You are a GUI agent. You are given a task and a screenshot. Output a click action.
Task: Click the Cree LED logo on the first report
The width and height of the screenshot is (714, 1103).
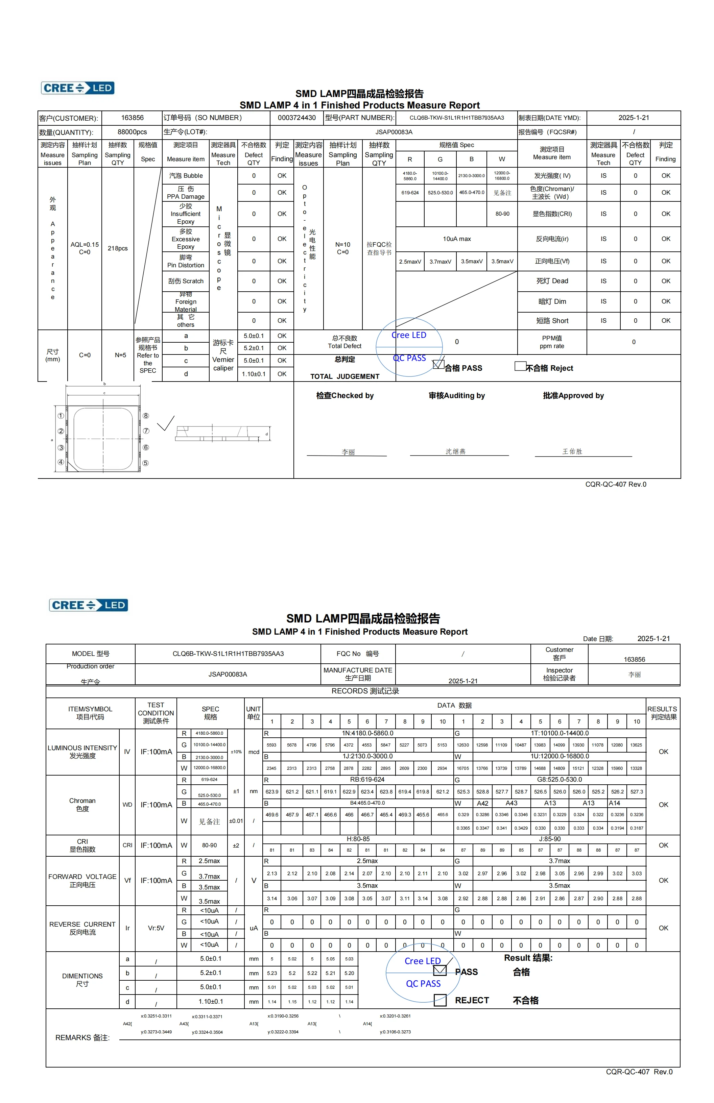78,88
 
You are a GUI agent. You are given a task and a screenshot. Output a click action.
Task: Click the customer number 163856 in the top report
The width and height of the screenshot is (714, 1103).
132,118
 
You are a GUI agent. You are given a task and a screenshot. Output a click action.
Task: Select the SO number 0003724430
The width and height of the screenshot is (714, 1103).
297,118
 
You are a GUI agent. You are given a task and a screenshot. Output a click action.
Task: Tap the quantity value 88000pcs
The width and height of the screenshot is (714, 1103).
132,132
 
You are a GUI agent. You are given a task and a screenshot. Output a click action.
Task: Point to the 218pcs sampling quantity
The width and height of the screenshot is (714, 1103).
118,248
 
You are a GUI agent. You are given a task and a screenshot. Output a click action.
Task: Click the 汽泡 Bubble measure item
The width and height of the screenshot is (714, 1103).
186,176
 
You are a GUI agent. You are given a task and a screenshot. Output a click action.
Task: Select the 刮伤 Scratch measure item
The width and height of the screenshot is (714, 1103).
186,281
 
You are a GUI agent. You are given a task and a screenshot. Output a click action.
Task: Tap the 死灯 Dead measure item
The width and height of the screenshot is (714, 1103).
552,281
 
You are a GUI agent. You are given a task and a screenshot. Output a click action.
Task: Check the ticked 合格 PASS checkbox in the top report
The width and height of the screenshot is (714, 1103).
438,364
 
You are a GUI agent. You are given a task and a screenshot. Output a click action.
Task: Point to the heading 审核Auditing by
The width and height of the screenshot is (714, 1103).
457,395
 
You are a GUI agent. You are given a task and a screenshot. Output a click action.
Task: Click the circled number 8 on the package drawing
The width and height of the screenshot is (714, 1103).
146,416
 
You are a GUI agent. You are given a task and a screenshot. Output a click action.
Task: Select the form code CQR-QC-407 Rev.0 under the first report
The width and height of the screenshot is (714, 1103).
616,484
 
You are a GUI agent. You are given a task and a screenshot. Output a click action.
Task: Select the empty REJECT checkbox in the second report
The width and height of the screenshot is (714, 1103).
440,1000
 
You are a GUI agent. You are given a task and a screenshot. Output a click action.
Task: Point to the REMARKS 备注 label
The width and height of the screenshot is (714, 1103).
82,1038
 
